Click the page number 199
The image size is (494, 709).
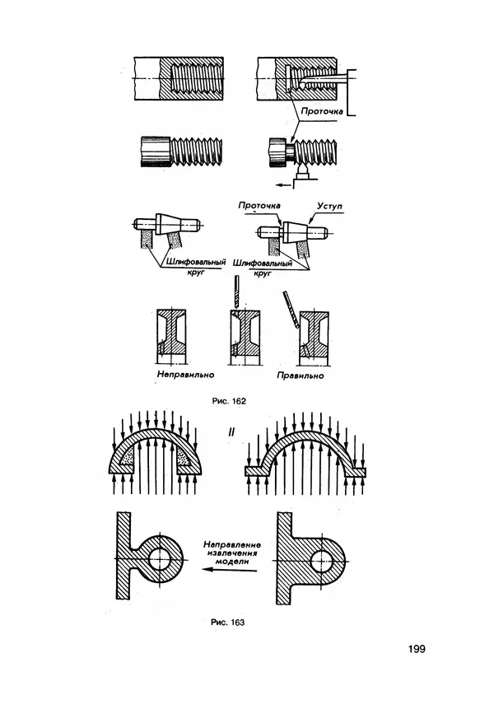[417, 649]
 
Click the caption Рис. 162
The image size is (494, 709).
[229, 401]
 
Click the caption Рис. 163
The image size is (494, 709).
[228, 623]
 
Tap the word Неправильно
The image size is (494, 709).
[185, 375]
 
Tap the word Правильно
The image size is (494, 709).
[301, 375]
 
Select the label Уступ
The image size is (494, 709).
[329, 206]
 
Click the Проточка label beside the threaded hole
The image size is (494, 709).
[322, 111]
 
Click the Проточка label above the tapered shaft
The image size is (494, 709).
[259, 206]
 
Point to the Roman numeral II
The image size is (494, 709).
[231, 432]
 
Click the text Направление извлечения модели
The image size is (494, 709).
[232, 553]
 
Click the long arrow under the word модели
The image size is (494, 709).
[230, 570]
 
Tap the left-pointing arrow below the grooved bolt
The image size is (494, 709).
[284, 184]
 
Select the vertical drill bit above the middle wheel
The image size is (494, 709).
[235, 292]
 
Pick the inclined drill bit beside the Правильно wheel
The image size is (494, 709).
[291, 310]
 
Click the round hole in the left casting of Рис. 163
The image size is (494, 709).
[159, 559]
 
